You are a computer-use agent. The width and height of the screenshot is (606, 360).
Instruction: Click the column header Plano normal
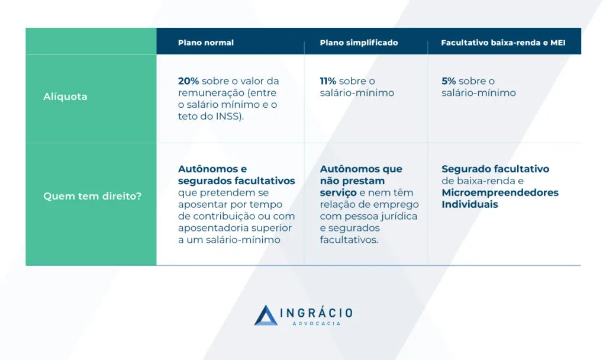pos(205,43)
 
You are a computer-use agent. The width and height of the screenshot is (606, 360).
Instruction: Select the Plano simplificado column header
pos(359,43)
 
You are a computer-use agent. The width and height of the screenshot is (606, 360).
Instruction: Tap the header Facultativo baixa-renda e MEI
pos(503,43)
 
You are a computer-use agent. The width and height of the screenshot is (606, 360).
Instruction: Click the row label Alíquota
pos(65,97)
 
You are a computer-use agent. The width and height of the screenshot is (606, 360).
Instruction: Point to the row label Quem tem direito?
pos(92,196)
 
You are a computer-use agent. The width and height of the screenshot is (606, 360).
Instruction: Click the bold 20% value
pos(188,81)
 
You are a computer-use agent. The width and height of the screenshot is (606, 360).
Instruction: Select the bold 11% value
pos(328,81)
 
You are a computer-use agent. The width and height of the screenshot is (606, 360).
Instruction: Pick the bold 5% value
pos(449,81)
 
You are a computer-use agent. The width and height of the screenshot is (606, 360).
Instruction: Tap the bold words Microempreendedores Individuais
pos(500,198)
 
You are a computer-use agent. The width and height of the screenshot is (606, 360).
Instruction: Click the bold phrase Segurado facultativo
pos(495,169)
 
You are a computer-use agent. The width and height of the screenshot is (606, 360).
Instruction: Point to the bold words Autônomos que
pos(361,169)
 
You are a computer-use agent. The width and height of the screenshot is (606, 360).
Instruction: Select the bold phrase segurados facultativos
pos(237,181)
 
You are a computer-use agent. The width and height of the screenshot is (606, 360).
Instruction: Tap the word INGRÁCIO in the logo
pos(317,313)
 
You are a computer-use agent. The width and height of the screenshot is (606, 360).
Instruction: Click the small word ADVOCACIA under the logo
pos(317,324)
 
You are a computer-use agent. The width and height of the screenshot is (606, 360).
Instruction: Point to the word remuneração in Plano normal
pos(211,93)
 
